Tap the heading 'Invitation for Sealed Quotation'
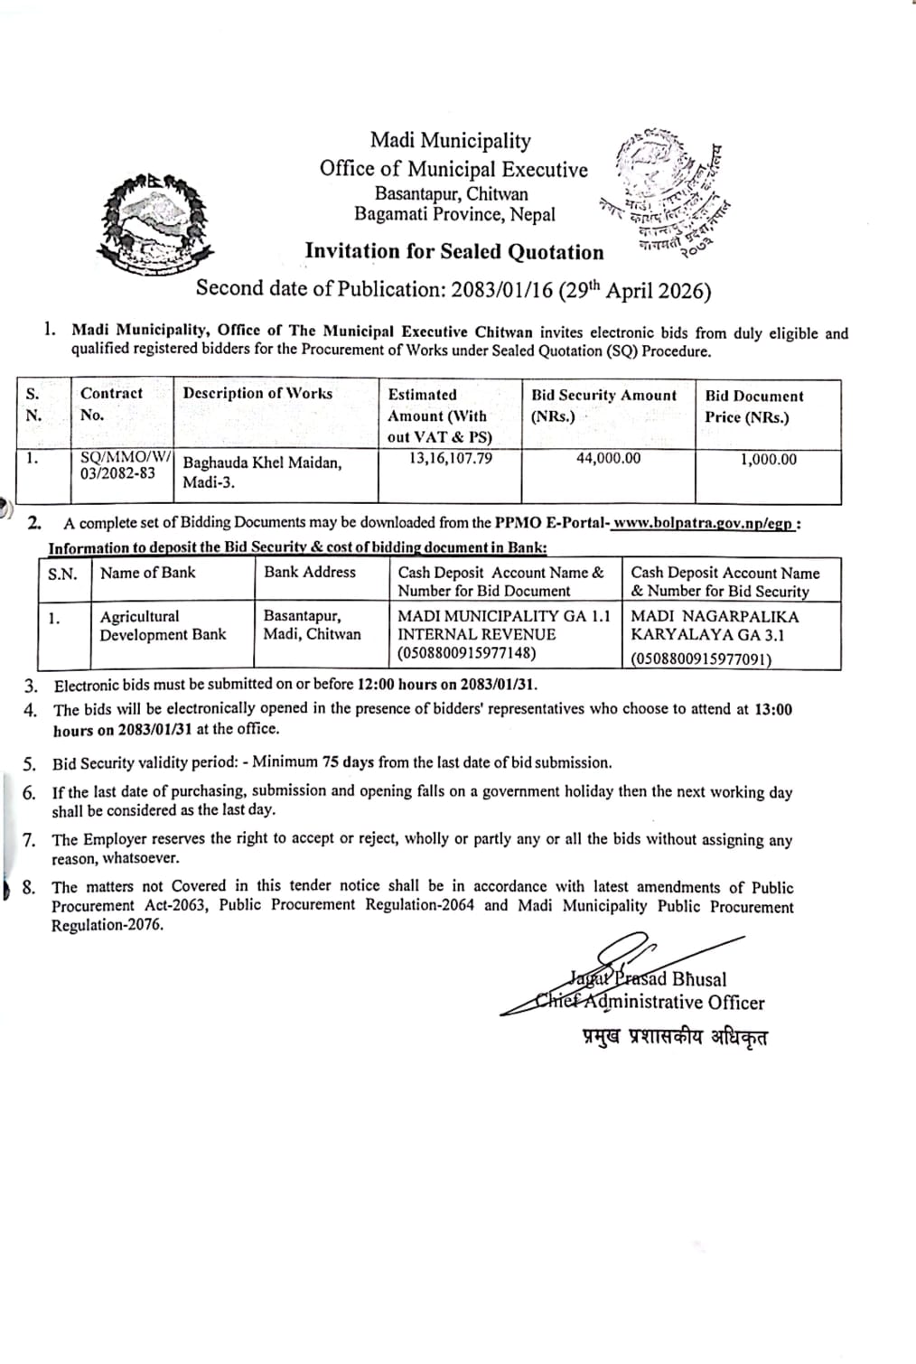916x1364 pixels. (453, 252)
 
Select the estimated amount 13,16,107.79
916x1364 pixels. (451, 458)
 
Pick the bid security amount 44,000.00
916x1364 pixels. (608, 458)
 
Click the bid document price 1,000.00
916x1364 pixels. (768, 459)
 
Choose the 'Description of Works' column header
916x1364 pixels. (257, 393)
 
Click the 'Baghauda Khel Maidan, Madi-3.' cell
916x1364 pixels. (262, 472)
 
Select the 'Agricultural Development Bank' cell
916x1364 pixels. (163, 625)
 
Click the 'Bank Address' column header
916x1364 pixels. (310, 572)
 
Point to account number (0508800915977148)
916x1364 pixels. (466, 652)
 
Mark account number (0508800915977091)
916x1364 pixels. (701, 659)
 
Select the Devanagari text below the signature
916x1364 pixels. (675, 1036)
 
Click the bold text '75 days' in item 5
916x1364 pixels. (347, 762)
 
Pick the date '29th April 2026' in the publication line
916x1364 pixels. (634, 290)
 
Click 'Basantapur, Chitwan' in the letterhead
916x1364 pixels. (452, 193)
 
